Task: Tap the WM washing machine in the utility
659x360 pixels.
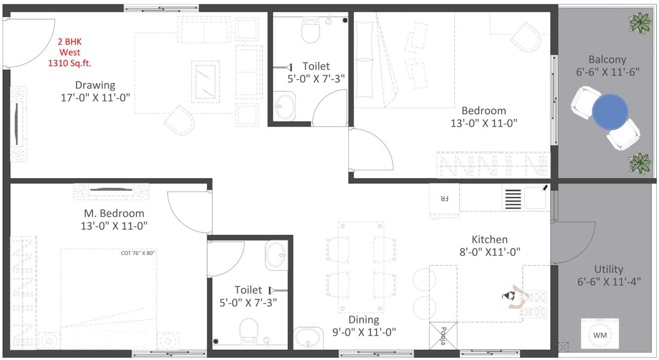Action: pyautogui.click(x=600, y=335)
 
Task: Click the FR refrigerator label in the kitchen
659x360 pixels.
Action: pyautogui.click(x=444, y=199)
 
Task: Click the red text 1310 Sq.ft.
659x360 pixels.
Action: pyautogui.click(x=70, y=63)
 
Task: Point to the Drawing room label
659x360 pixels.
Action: pyautogui.click(x=95, y=85)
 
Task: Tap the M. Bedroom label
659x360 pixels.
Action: pyautogui.click(x=114, y=214)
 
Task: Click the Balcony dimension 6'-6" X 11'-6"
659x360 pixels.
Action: pyautogui.click(x=607, y=72)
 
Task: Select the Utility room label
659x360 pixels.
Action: pyautogui.click(x=608, y=269)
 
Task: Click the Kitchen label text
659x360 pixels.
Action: pyautogui.click(x=489, y=240)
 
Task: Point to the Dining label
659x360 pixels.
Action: pyautogui.click(x=364, y=320)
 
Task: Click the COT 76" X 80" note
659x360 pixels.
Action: pyautogui.click(x=138, y=253)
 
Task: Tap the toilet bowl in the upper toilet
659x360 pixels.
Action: pyautogui.click(x=310, y=33)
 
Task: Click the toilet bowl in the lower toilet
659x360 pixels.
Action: pyautogui.click(x=249, y=330)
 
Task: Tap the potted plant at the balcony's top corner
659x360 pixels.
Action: pyautogui.click(x=640, y=23)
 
